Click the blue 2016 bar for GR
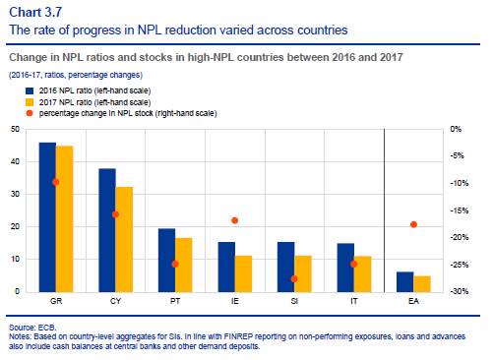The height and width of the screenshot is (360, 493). pos(47,217)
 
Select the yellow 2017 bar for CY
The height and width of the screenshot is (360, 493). pos(124,239)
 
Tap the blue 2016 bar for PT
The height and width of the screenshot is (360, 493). pos(166,260)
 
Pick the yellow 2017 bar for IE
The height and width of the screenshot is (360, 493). pos(243,273)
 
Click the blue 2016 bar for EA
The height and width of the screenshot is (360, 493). pos(405,282)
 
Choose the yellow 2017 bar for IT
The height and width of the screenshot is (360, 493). pos(363,274)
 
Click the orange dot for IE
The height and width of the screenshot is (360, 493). pos(235,220)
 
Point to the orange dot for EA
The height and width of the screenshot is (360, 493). pos(413,224)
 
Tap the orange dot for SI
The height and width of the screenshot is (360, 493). pos(294,279)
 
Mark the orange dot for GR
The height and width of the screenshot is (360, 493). pos(56,182)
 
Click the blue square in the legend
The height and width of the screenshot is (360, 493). pos(30,90)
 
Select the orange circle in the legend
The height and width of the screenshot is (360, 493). pos(30,113)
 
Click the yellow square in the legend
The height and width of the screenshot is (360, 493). pos(30,102)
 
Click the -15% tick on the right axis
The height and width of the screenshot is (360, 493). pos(460,210)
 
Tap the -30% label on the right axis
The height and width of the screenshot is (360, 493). pos(460,291)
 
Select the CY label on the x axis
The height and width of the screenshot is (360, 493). pos(115,301)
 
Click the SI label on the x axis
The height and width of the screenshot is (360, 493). pos(294,301)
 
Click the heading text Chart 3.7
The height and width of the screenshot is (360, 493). pos(35,12)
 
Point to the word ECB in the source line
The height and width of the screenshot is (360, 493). pos(47,328)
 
